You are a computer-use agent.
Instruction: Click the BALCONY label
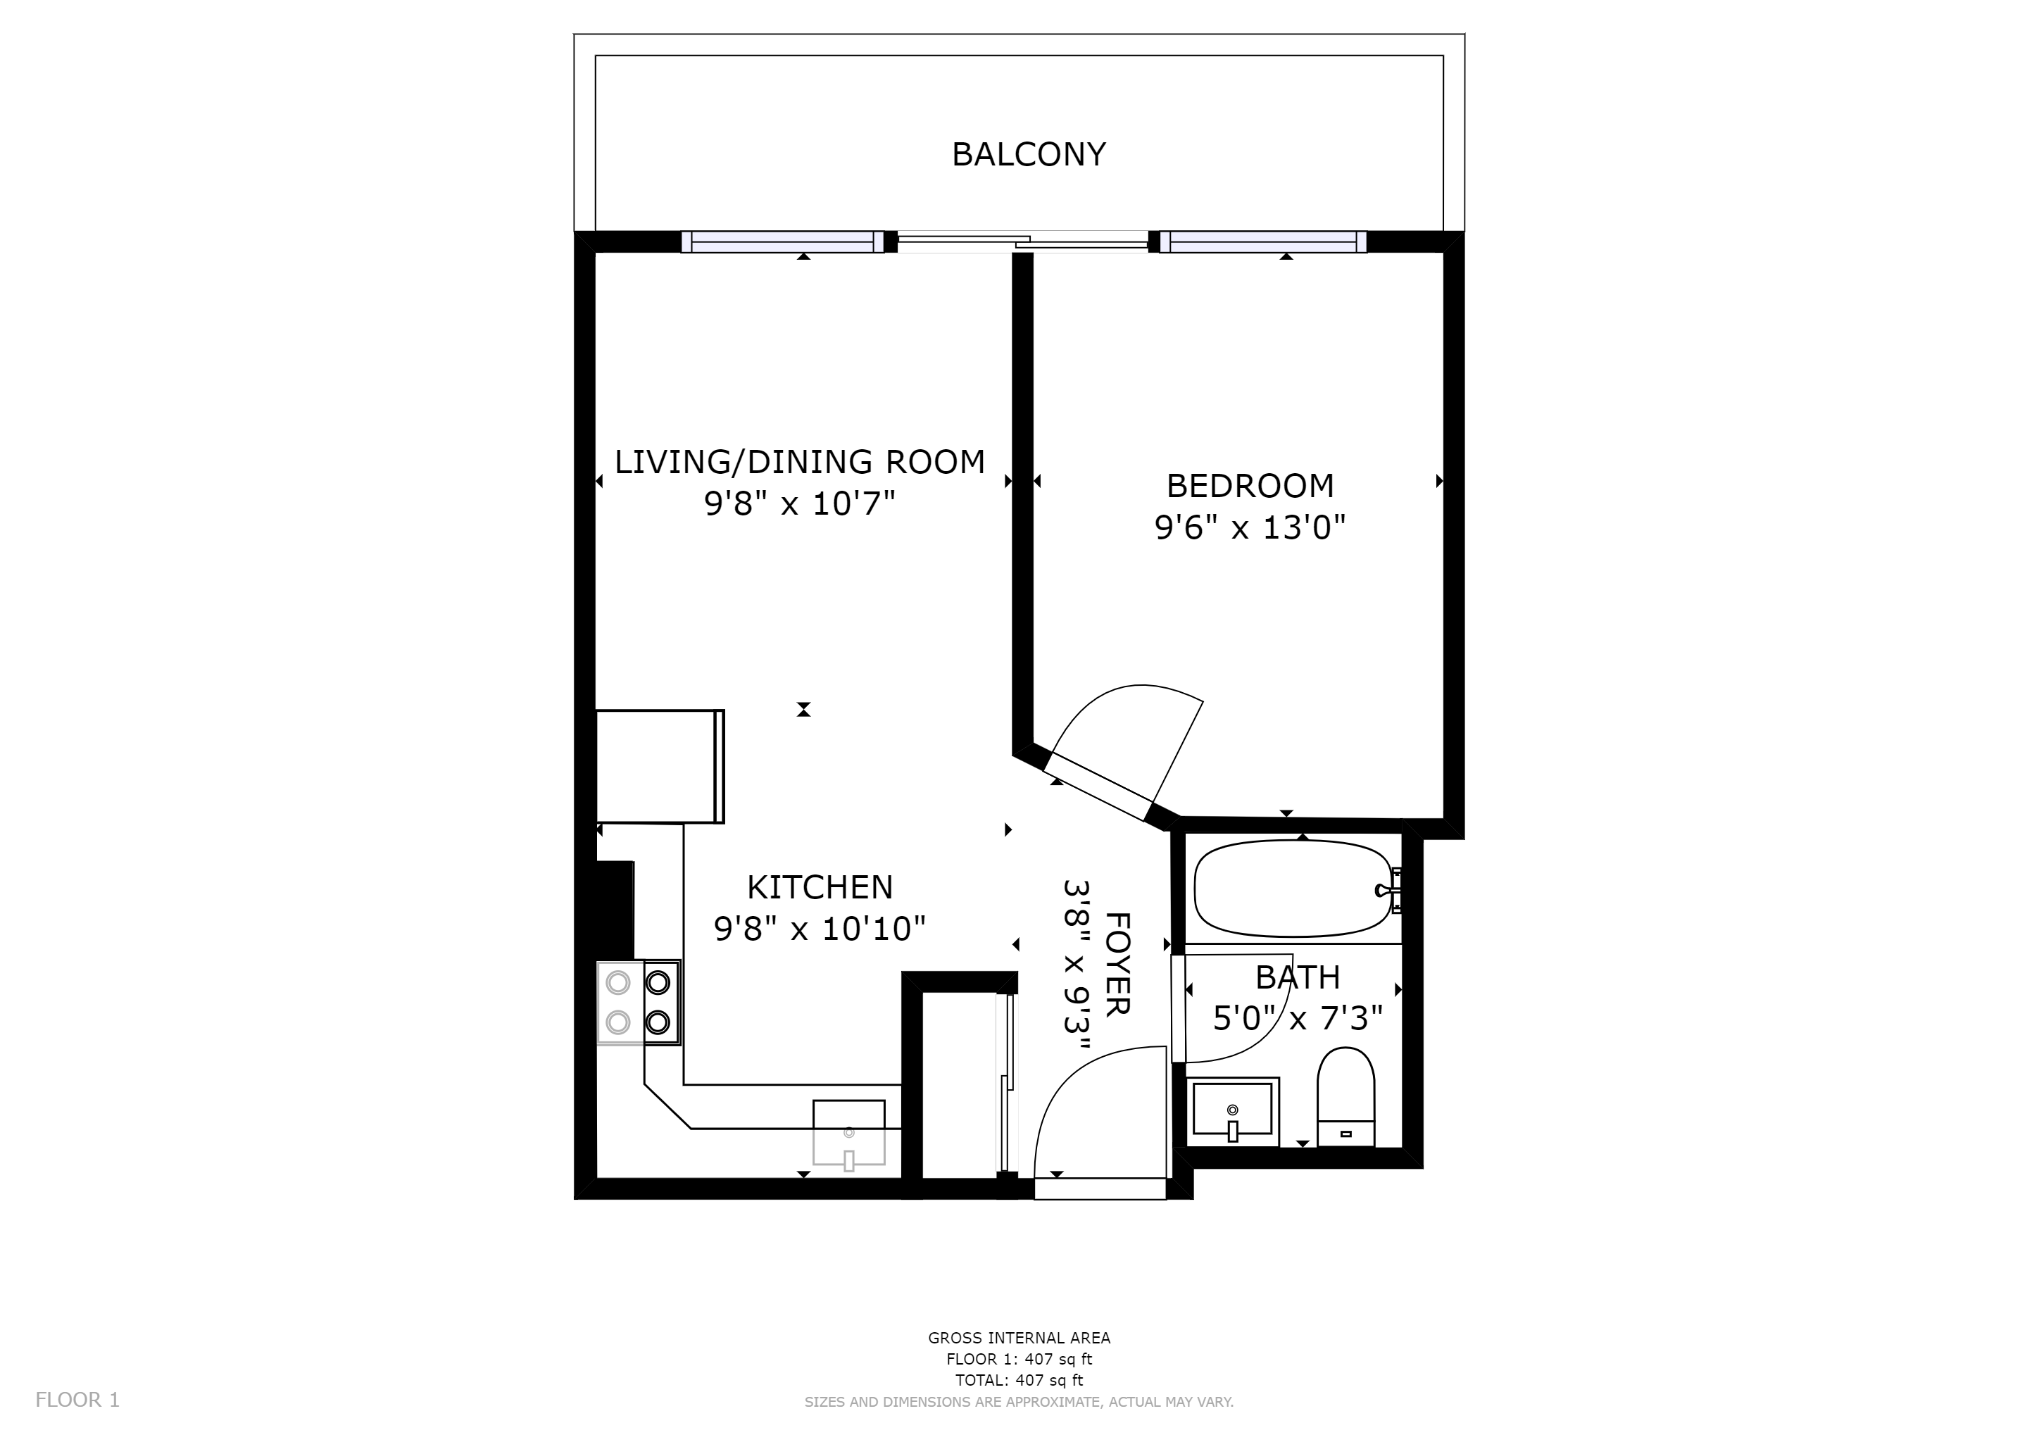coord(1029,154)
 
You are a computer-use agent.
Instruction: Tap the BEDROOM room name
coord(1250,486)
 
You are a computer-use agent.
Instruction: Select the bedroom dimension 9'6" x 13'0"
coord(1250,528)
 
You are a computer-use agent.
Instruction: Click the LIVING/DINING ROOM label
coord(799,462)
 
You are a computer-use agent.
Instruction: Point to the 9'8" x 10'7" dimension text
coord(799,504)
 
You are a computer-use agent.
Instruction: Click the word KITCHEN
coord(820,887)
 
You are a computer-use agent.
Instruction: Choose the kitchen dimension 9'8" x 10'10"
coord(820,929)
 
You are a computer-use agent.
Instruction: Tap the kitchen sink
coord(849,1133)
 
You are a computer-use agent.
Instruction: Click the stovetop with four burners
coord(639,1003)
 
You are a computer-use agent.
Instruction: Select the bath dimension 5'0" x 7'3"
coord(1298,1018)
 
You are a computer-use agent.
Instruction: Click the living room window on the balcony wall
coord(782,242)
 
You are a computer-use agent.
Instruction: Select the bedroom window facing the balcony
coord(1264,242)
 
